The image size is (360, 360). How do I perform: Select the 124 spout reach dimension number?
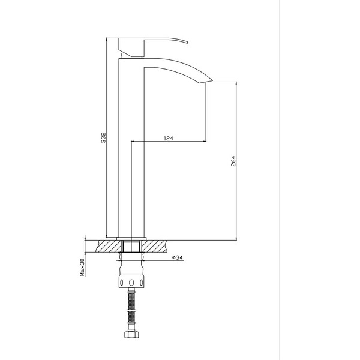coord(169,139)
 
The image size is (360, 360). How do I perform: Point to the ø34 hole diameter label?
coord(177,258)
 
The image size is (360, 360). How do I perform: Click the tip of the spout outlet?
coord(210,80)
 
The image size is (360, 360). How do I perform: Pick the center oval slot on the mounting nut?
coord(132,281)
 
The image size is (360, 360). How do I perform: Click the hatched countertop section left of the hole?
coord(109,246)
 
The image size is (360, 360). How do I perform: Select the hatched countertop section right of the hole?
coord(155,246)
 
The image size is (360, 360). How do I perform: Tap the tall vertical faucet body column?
coord(131,150)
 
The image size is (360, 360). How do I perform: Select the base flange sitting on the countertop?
coord(131,236)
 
